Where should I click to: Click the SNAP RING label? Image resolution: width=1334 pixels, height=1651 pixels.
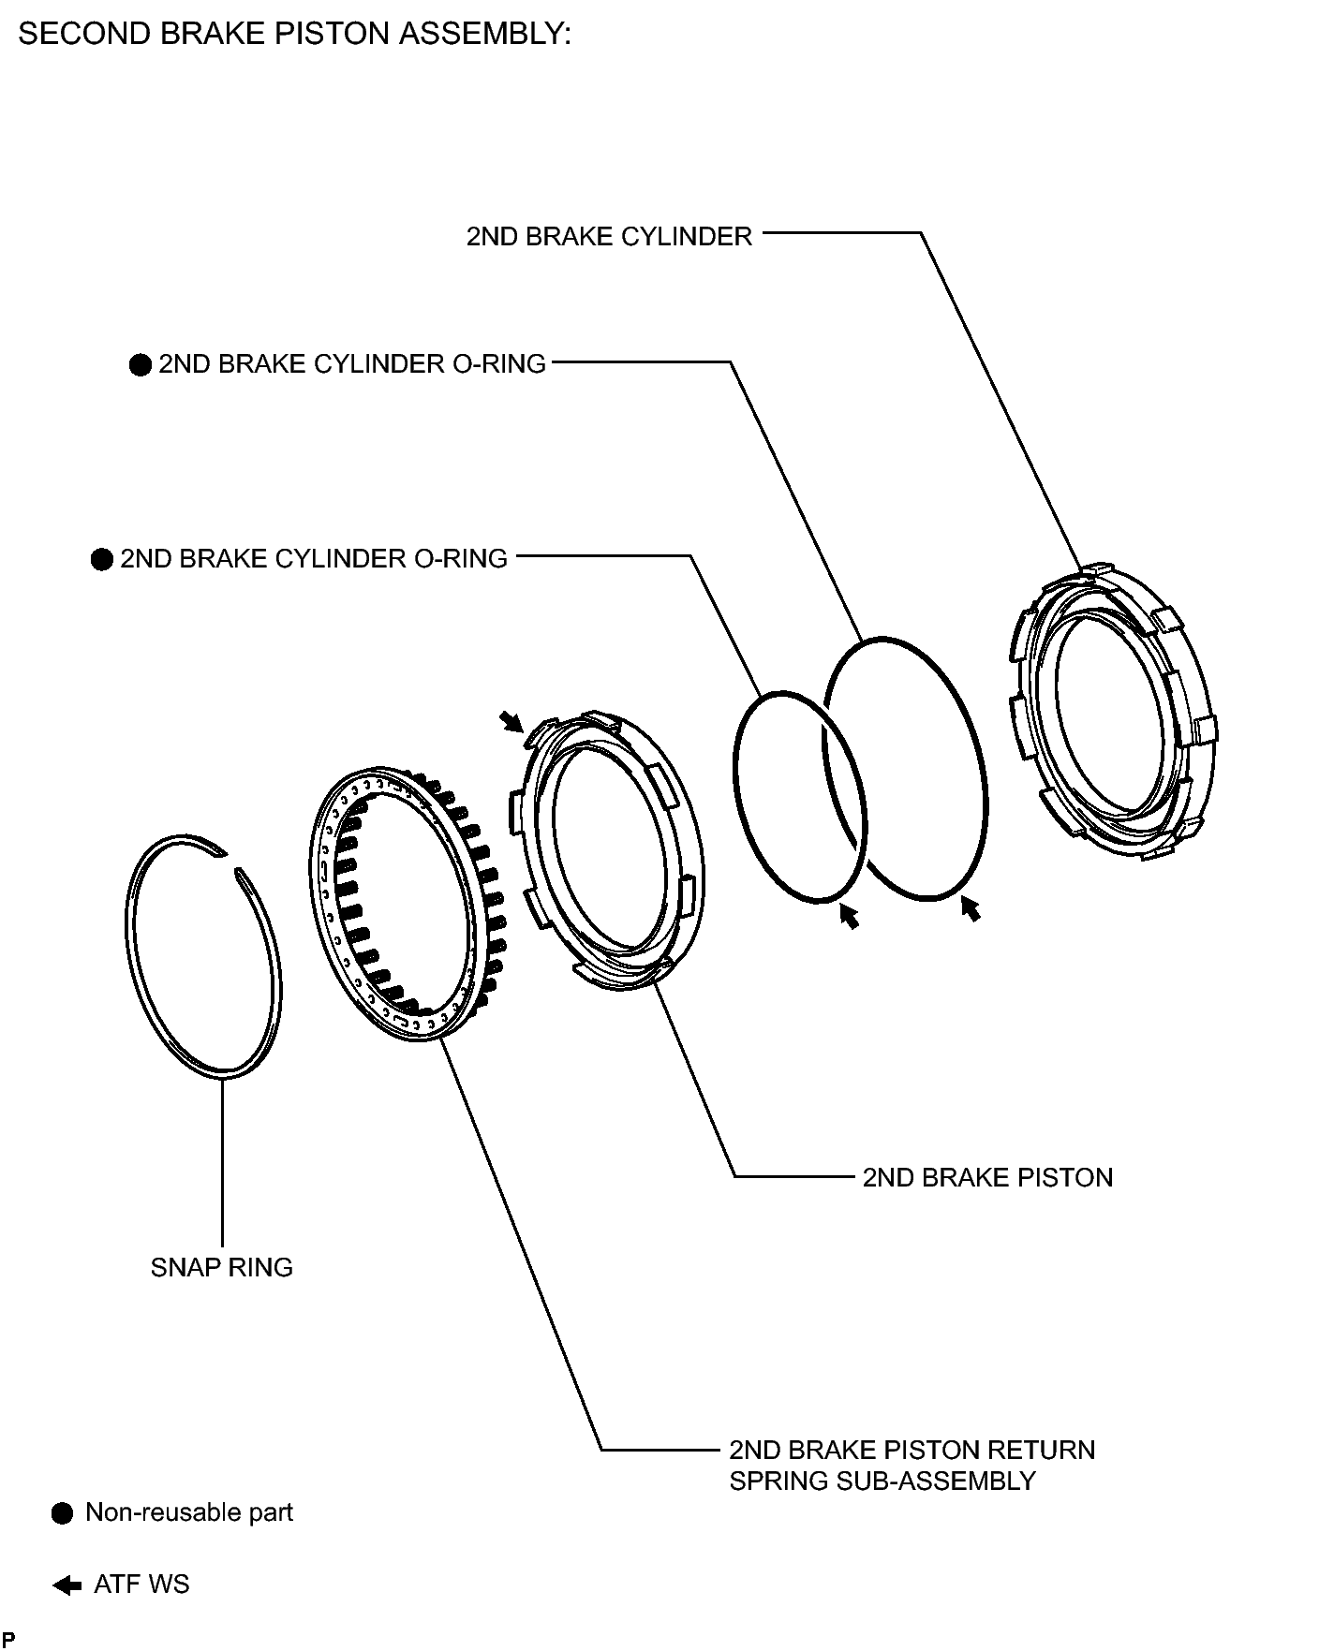pyautogui.click(x=222, y=1268)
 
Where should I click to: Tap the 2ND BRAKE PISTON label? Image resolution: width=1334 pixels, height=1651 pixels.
pyautogui.click(x=987, y=1177)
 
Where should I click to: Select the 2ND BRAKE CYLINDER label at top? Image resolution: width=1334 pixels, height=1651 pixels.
pyautogui.click(x=609, y=236)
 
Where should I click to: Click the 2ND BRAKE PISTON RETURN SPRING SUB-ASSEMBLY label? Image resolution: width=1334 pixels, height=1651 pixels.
pyautogui.click(x=912, y=1466)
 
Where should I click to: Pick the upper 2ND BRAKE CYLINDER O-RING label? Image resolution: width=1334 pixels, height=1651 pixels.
pyautogui.click(x=352, y=363)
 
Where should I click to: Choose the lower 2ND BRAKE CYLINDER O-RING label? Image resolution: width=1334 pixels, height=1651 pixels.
pyautogui.click(x=314, y=558)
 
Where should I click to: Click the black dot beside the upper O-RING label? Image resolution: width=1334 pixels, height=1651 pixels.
pyautogui.click(x=140, y=365)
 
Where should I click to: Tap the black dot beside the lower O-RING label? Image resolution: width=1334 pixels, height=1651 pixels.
pyautogui.click(x=101, y=560)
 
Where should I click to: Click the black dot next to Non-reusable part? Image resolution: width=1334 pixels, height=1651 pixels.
pyautogui.click(x=62, y=1514)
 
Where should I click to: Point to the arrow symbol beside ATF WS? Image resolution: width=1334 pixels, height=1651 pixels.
pyautogui.click(x=67, y=1585)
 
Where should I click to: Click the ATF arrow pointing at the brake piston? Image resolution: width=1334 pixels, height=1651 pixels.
pyautogui.click(x=511, y=721)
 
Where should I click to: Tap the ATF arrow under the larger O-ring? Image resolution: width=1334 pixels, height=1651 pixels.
pyautogui.click(x=971, y=907)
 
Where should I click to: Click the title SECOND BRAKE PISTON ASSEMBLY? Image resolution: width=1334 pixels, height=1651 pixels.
pyautogui.click(x=294, y=34)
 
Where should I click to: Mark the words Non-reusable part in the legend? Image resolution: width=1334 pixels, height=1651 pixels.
pyautogui.click(x=189, y=1512)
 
